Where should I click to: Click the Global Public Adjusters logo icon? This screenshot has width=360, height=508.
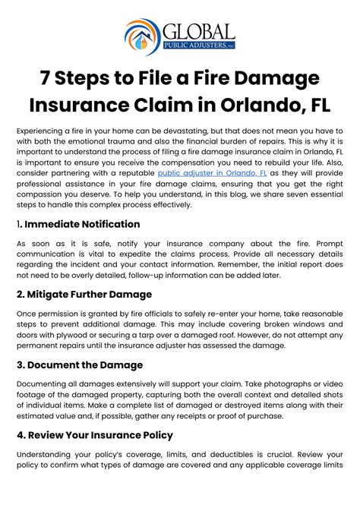pyautogui.click(x=141, y=36)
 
